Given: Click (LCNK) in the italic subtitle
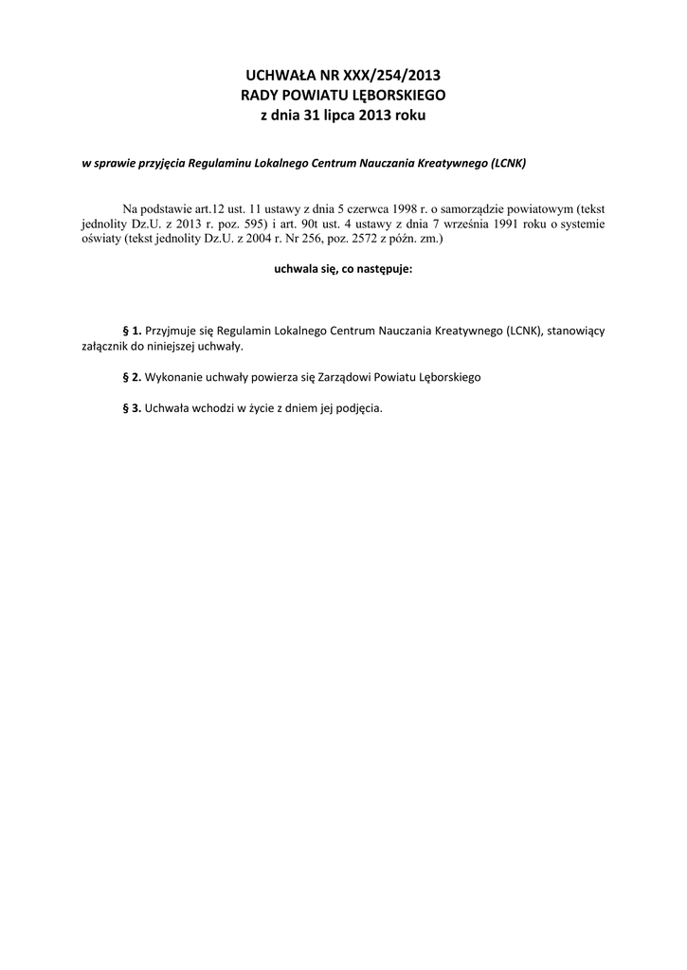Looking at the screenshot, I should click(508, 162).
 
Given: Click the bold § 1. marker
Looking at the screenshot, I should click(133, 331).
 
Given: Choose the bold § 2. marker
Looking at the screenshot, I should click(133, 377).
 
